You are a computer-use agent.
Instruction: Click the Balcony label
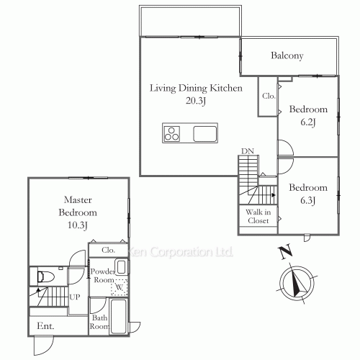(x=287, y=56)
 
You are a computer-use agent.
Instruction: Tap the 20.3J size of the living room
(x=196, y=101)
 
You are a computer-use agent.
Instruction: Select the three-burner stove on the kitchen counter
(x=171, y=134)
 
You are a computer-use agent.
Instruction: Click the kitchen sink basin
(x=205, y=134)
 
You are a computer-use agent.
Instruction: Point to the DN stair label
(x=248, y=151)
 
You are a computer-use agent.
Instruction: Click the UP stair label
(x=75, y=297)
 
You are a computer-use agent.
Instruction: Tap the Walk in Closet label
(x=258, y=216)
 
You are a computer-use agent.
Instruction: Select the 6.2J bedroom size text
(x=308, y=122)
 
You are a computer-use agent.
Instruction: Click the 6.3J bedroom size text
(x=308, y=200)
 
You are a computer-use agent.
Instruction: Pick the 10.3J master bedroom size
(x=78, y=225)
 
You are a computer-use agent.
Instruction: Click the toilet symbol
(x=45, y=276)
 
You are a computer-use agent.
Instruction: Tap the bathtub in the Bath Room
(x=119, y=316)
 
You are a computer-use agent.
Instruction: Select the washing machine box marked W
(x=120, y=287)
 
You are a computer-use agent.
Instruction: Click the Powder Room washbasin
(x=121, y=267)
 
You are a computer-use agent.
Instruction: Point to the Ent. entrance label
(x=45, y=325)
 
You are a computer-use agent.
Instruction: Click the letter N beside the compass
(x=285, y=252)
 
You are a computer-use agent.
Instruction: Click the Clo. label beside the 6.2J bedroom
(x=269, y=96)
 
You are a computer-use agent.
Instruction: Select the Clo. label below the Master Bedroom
(x=108, y=250)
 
